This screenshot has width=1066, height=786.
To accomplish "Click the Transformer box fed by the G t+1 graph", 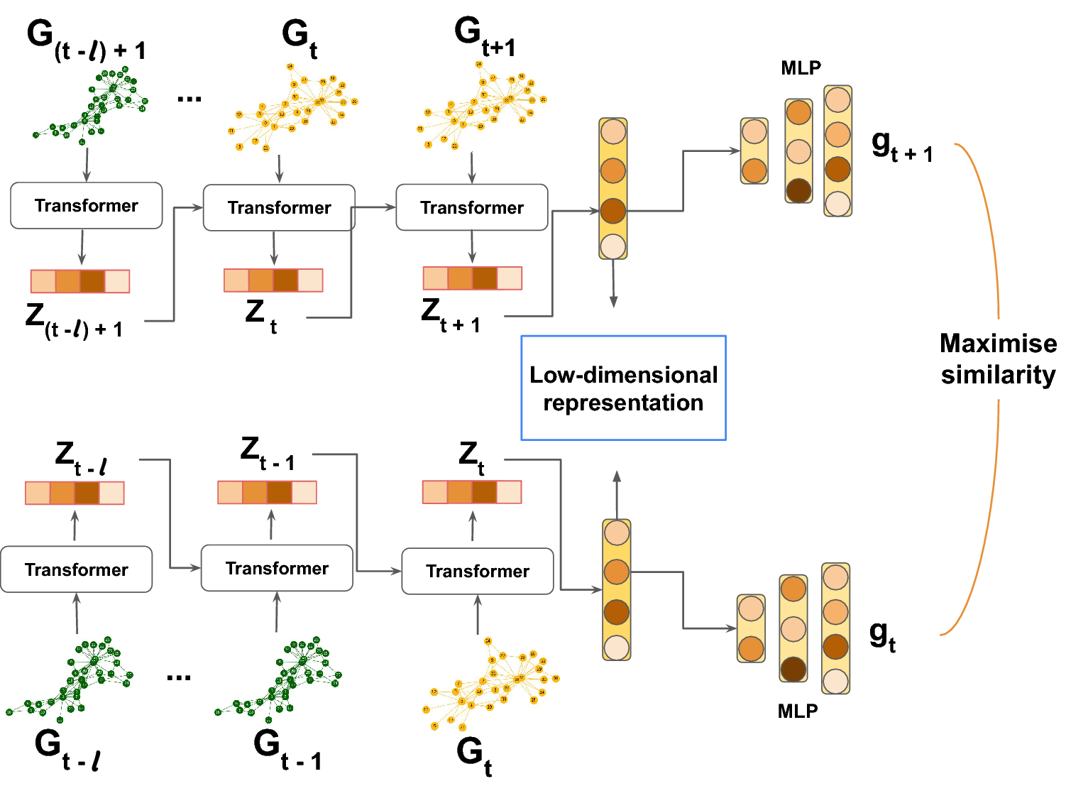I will pos(471,207).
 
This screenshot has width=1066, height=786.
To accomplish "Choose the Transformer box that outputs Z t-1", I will pos(277,568).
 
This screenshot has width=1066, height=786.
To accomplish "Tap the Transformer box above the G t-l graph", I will pos(76,569).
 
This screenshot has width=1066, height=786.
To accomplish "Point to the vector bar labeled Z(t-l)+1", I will pos(80,281).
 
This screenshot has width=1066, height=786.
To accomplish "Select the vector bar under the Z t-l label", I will pos(75,493).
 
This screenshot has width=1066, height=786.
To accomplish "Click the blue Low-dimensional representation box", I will pos(623,388).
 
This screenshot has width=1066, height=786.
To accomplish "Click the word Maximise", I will pos(997,344).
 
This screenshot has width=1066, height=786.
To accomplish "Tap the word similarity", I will pos(997,375).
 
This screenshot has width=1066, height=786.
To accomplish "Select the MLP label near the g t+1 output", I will pos(801,68).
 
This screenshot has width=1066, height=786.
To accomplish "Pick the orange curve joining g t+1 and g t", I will pos(994,284).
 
